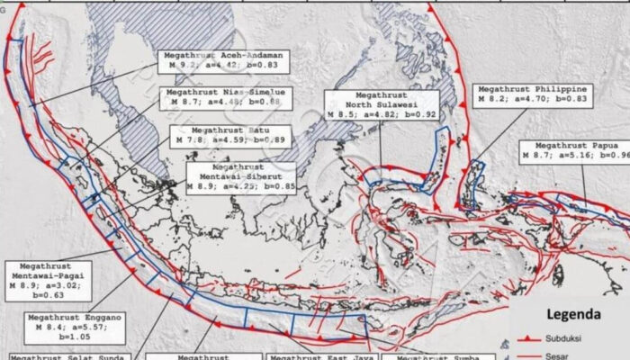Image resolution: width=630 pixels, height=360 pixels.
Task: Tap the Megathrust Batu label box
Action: click(218, 136)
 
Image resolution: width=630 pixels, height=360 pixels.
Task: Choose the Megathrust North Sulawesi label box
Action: click(382, 104)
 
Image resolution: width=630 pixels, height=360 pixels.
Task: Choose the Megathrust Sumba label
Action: click(433, 355)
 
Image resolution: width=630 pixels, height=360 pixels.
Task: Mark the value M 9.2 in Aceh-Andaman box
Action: click(174, 66)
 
